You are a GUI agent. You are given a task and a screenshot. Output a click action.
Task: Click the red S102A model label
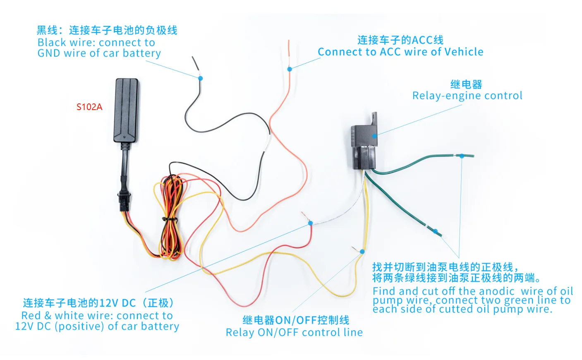point(89,107)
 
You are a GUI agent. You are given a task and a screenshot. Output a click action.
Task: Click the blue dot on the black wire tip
point(201,78)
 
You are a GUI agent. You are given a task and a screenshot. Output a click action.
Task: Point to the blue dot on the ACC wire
point(290,69)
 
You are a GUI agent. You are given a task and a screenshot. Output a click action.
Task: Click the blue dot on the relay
point(374,136)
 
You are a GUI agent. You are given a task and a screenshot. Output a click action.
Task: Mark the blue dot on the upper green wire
point(462,156)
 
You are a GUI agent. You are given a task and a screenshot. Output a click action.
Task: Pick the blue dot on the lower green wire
point(436,231)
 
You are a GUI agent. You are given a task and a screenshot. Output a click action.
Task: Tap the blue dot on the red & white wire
point(310,223)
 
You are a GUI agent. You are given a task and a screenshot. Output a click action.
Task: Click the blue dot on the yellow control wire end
point(362,252)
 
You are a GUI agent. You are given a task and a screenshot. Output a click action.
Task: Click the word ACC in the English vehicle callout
point(390,52)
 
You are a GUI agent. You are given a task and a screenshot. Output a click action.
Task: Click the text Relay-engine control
point(467,96)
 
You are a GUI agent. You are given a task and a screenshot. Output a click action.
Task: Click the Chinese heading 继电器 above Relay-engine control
point(466,84)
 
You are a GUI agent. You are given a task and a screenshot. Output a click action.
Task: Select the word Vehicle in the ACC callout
point(464,52)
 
